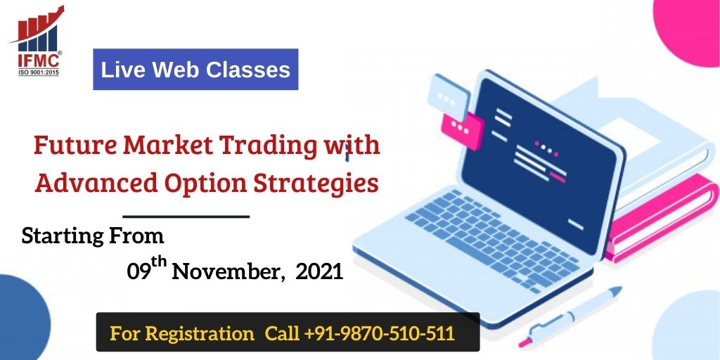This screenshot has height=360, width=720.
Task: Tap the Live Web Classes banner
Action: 195,70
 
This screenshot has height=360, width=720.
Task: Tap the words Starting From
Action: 93,236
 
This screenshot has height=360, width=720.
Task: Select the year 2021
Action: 320,272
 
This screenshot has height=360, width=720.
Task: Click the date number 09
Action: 139,272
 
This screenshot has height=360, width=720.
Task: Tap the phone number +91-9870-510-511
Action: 379,333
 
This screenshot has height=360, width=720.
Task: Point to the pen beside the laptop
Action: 570,317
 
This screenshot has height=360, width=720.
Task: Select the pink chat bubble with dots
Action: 462,129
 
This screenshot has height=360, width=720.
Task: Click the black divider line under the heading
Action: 186,216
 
